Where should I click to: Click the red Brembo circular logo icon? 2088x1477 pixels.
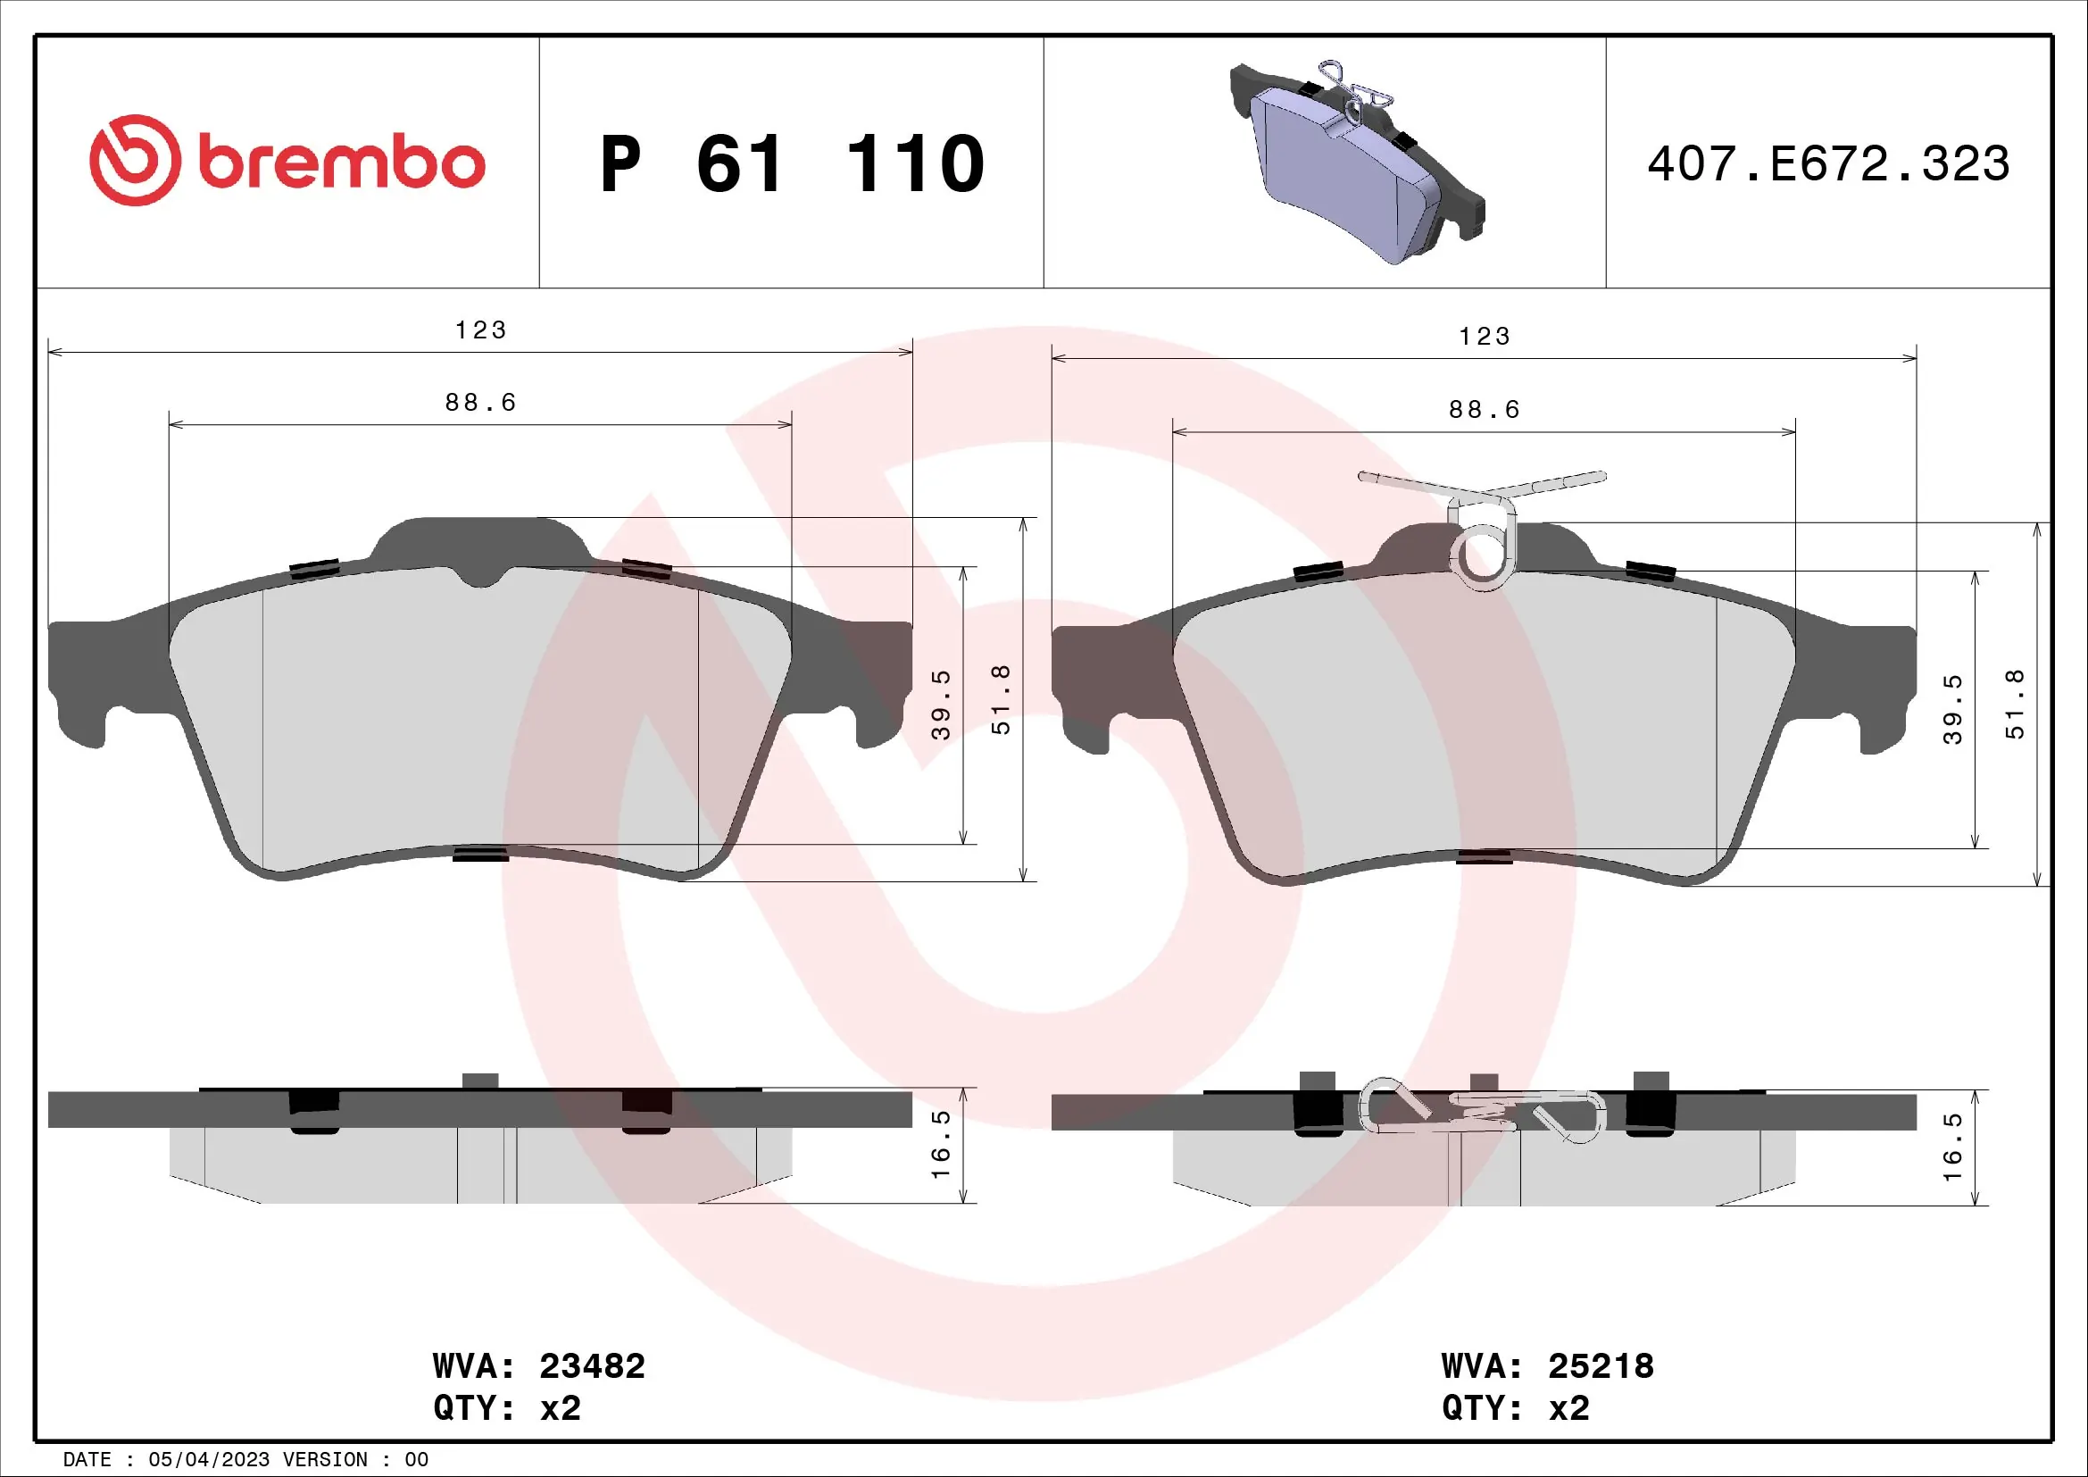coord(135,160)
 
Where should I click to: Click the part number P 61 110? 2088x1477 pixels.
coord(792,164)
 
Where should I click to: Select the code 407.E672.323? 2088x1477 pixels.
coord(1828,164)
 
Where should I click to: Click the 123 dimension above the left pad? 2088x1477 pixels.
coord(480,330)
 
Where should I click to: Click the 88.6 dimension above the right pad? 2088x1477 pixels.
coord(1485,410)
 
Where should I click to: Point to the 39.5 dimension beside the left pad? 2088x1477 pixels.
coord(941,705)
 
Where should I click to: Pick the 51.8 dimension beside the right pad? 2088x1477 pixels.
coord(2017,705)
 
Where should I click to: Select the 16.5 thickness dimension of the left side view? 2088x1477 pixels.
coord(941,1144)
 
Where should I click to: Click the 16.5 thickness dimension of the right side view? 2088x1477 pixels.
coord(1952,1147)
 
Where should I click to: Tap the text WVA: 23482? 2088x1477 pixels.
coord(538,1366)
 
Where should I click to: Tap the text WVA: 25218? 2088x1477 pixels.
coord(1547,1366)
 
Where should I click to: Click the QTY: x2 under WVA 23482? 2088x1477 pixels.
coord(506,1408)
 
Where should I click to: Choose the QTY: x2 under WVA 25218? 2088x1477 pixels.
coord(1515,1408)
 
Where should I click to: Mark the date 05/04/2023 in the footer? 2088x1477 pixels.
coord(208,1460)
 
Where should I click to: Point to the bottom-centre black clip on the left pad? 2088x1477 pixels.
coord(480,853)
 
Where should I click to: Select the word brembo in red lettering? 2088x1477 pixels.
coord(341,164)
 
